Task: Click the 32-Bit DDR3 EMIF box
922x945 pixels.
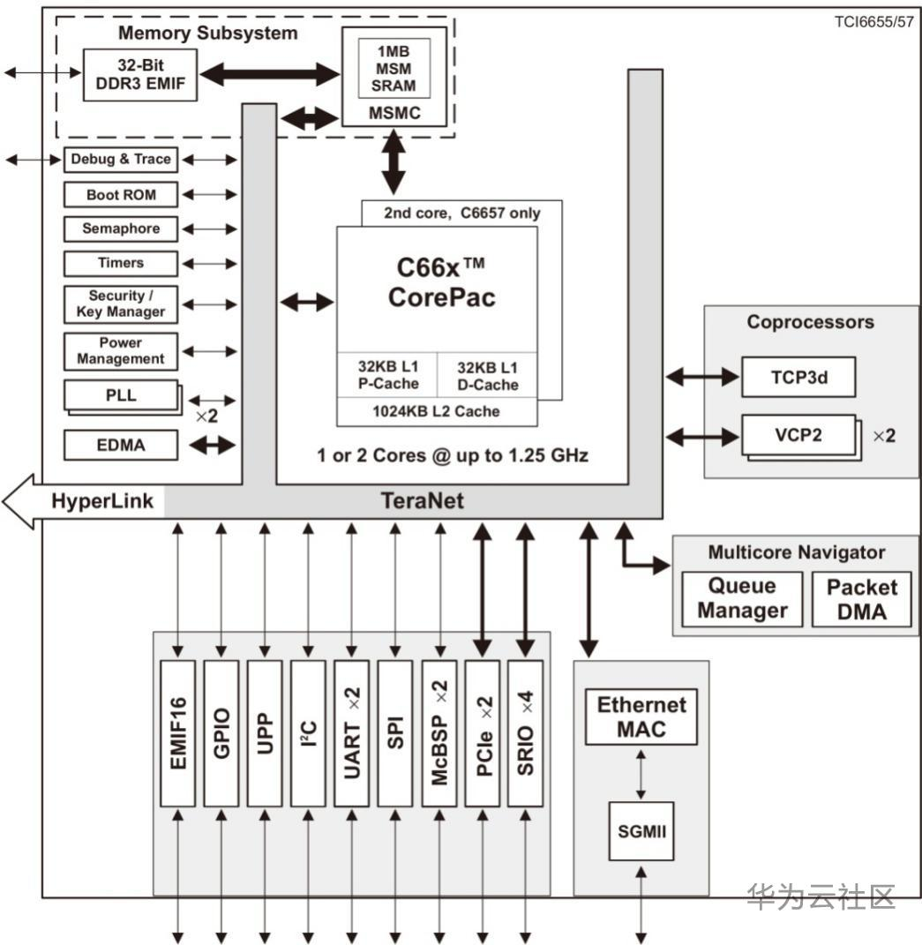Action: (139, 76)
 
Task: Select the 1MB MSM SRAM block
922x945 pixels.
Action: (393, 68)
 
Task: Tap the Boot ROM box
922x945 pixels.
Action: (121, 195)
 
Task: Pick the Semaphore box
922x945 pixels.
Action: (121, 229)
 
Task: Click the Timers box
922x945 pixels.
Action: (121, 263)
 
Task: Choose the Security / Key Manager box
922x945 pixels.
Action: (121, 304)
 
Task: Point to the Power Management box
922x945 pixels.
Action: (121, 351)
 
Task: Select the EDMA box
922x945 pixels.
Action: (121, 446)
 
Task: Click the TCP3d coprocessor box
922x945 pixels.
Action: (798, 379)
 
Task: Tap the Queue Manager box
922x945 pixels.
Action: (742, 599)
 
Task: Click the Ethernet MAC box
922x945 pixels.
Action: (641, 717)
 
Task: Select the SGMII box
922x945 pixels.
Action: (641, 831)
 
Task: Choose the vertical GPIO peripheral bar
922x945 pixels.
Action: (221, 732)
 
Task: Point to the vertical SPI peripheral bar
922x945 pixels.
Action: (395, 732)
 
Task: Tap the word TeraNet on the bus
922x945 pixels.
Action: (423, 502)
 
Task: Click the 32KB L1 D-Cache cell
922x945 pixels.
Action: (488, 376)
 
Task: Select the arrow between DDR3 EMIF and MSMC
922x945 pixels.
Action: (269, 75)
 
